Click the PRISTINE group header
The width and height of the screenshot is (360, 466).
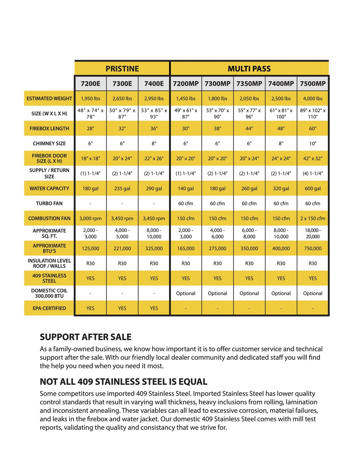tap(122, 68)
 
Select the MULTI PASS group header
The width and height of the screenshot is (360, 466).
tap(249, 68)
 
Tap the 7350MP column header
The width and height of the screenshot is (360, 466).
tap(249, 84)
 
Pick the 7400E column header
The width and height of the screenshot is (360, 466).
tap(154, 84)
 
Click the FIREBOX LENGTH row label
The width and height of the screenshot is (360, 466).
tap(49, 129)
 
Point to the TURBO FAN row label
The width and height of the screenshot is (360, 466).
tap(49, 203)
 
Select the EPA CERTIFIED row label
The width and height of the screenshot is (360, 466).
tap(49, 308)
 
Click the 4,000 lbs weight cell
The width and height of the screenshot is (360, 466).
tap(312, 98)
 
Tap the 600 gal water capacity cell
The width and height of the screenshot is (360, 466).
tap(312, 188)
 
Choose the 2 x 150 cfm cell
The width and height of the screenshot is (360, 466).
tap(312, 218)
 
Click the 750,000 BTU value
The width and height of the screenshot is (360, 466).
tap(312, 248)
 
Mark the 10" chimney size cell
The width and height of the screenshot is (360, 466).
tap(312, 143)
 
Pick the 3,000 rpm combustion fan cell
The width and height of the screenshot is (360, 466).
tap(90, 218)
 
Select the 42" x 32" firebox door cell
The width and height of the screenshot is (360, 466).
tap(312, 158)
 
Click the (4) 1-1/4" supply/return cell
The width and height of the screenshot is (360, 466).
tap(312, 173)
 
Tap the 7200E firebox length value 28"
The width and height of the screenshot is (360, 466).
tap(90, 129)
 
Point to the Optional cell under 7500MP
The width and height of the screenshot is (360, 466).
tap(312, 294)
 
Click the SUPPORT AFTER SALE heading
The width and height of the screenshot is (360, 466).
tap(86, 337)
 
